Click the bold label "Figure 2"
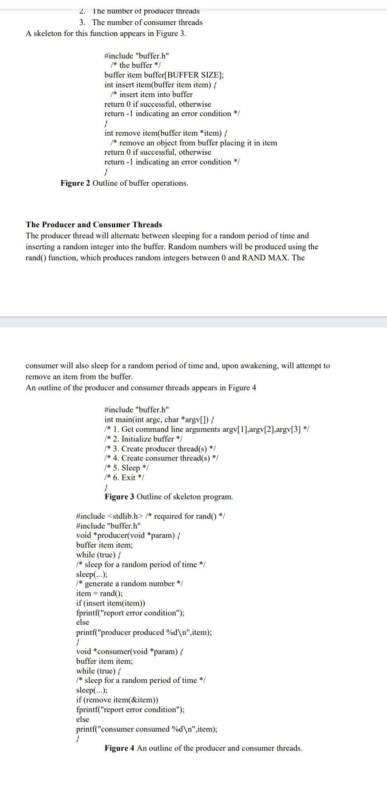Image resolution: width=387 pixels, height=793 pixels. [75, 183]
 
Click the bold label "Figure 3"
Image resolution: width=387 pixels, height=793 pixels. [120, 497]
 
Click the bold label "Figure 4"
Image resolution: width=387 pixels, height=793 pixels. [120, 748]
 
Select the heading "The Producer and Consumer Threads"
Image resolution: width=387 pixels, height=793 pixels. [94, 225]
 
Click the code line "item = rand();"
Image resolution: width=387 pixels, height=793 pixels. [99, 593]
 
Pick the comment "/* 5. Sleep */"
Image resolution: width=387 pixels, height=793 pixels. [126, 468]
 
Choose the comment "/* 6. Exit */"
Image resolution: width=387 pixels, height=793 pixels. [124, 477]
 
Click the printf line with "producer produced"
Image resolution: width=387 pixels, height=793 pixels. [144, 632]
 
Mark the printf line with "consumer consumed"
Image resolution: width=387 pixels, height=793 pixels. [146, 729]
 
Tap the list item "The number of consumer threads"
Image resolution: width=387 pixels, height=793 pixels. [147, 22]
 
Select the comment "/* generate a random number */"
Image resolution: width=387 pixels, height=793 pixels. [129, 584]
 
